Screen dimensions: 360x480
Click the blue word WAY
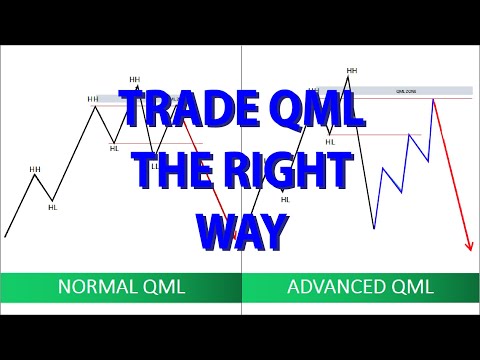click(x=241, y=230)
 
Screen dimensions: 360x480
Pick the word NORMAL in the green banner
click(x=99, y=287)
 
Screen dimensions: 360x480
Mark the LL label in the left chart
click(x=155, y=166)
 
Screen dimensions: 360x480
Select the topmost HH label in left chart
click(x=135, y=80)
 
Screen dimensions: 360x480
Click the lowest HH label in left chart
click(x=35, y=170)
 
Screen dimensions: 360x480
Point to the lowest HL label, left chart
click(x=53, y=208)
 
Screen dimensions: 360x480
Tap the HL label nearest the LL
click(x=114, y=148)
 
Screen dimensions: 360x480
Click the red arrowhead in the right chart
click(x=469, y=247)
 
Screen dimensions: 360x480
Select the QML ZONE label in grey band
click(x=406, y=91)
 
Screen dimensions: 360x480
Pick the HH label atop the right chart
click(x=352, y=71)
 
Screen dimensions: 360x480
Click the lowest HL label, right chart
click(x=285, y=199)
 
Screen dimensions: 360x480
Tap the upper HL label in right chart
click(x=330, y=142)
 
